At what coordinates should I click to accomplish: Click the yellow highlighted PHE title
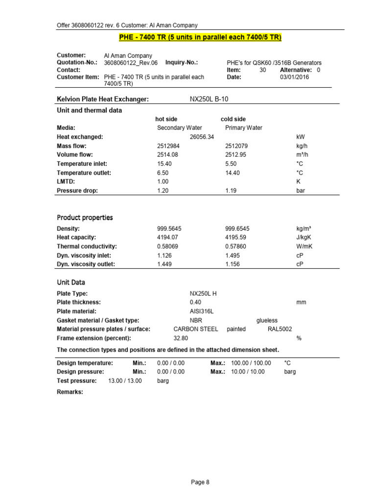[x=200, y=38]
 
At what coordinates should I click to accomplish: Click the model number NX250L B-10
[x=209, y=99]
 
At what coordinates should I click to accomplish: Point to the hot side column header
[x=166, y=119]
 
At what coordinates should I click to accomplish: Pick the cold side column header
[x=233, y=119]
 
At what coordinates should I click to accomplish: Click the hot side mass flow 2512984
[x=169, y=146]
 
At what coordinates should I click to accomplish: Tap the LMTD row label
[x=66, y=181]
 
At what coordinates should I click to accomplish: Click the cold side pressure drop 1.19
[x=231, y=190]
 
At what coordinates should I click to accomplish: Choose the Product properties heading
[x=85, y=217]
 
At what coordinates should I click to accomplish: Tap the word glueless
[x=267, y=320]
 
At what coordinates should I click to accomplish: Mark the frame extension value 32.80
[x=181, y=338]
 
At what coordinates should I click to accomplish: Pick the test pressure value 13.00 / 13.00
[x=125, y=380]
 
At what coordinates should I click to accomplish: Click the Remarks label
[x=70, y=392]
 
